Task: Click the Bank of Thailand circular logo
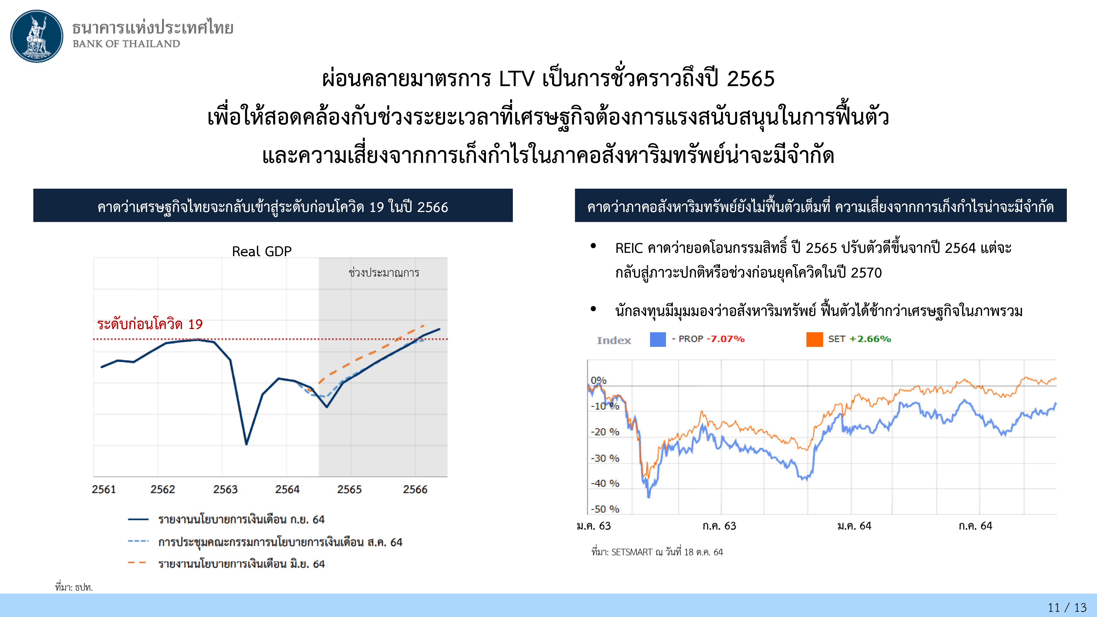tap(37, 36)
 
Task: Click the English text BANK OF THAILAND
tap(126, 44)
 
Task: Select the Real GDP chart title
tap(261, 251)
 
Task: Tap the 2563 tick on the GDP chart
tap(225, 489)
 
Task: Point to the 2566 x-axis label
tap(415, 489)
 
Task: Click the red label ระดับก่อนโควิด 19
tap(150, 324)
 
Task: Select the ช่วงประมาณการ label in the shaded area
tap(384, 273)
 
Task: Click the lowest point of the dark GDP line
tap(246, 444)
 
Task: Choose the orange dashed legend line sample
tap(137, 563)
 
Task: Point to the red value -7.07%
tap(726, 339)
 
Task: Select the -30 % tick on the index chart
tap(605, 458)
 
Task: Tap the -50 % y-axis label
tap(605, 509)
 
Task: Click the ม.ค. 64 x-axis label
tap(854, 526)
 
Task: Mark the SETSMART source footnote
tap(657, 552)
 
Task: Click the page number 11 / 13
tap(1067, 607)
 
